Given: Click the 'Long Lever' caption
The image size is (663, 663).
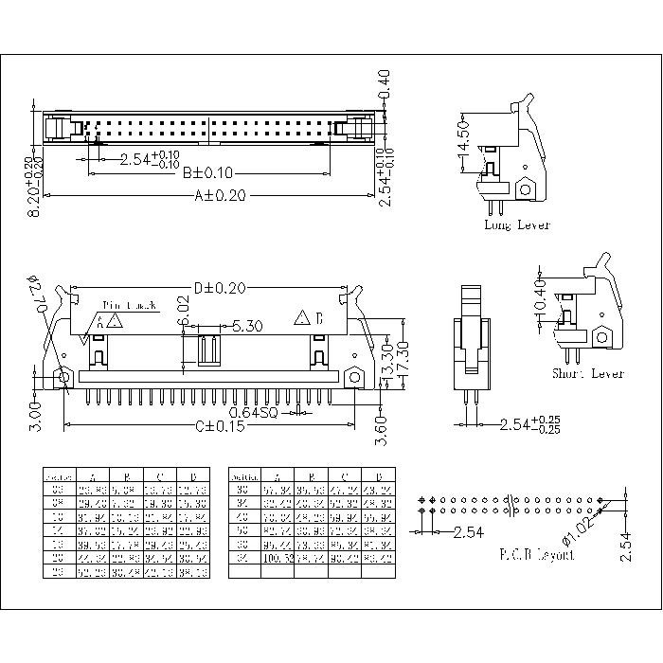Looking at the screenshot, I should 516,225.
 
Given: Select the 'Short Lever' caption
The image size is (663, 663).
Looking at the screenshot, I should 588,374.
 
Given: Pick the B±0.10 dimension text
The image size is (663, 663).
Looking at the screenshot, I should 207,173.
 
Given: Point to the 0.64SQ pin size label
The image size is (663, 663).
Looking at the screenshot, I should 255,412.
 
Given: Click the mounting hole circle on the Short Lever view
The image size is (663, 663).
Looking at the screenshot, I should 601,337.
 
